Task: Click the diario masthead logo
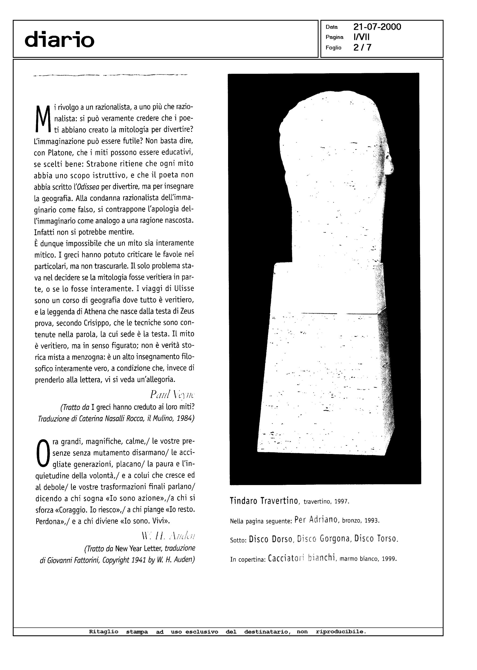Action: point(60,40)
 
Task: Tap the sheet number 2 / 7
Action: point(362,47)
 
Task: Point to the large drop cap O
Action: point(43,454)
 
